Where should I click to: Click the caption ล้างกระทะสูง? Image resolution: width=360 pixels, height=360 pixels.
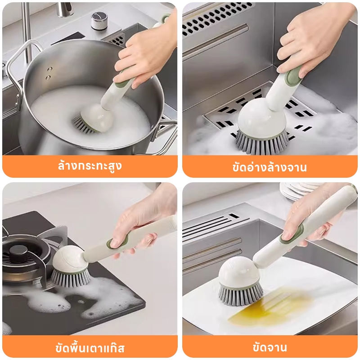[90, 166]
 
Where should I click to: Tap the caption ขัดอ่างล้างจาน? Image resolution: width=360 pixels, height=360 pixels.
[270, 167]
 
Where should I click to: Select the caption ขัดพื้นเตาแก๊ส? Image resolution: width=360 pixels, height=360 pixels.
[90, 347]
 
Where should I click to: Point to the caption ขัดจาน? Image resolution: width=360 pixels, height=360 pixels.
[270, 347]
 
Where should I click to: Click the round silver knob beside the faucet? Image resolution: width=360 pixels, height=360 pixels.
[99, 21]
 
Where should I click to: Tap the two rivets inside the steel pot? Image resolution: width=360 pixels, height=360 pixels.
[49, 73]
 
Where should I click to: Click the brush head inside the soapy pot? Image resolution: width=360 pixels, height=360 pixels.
[94, 119]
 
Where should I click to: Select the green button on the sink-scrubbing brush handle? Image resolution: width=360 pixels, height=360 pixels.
[292, 76]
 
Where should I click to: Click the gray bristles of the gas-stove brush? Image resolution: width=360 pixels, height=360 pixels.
[70, 278]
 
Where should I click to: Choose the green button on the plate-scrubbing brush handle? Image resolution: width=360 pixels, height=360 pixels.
[292, 234]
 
